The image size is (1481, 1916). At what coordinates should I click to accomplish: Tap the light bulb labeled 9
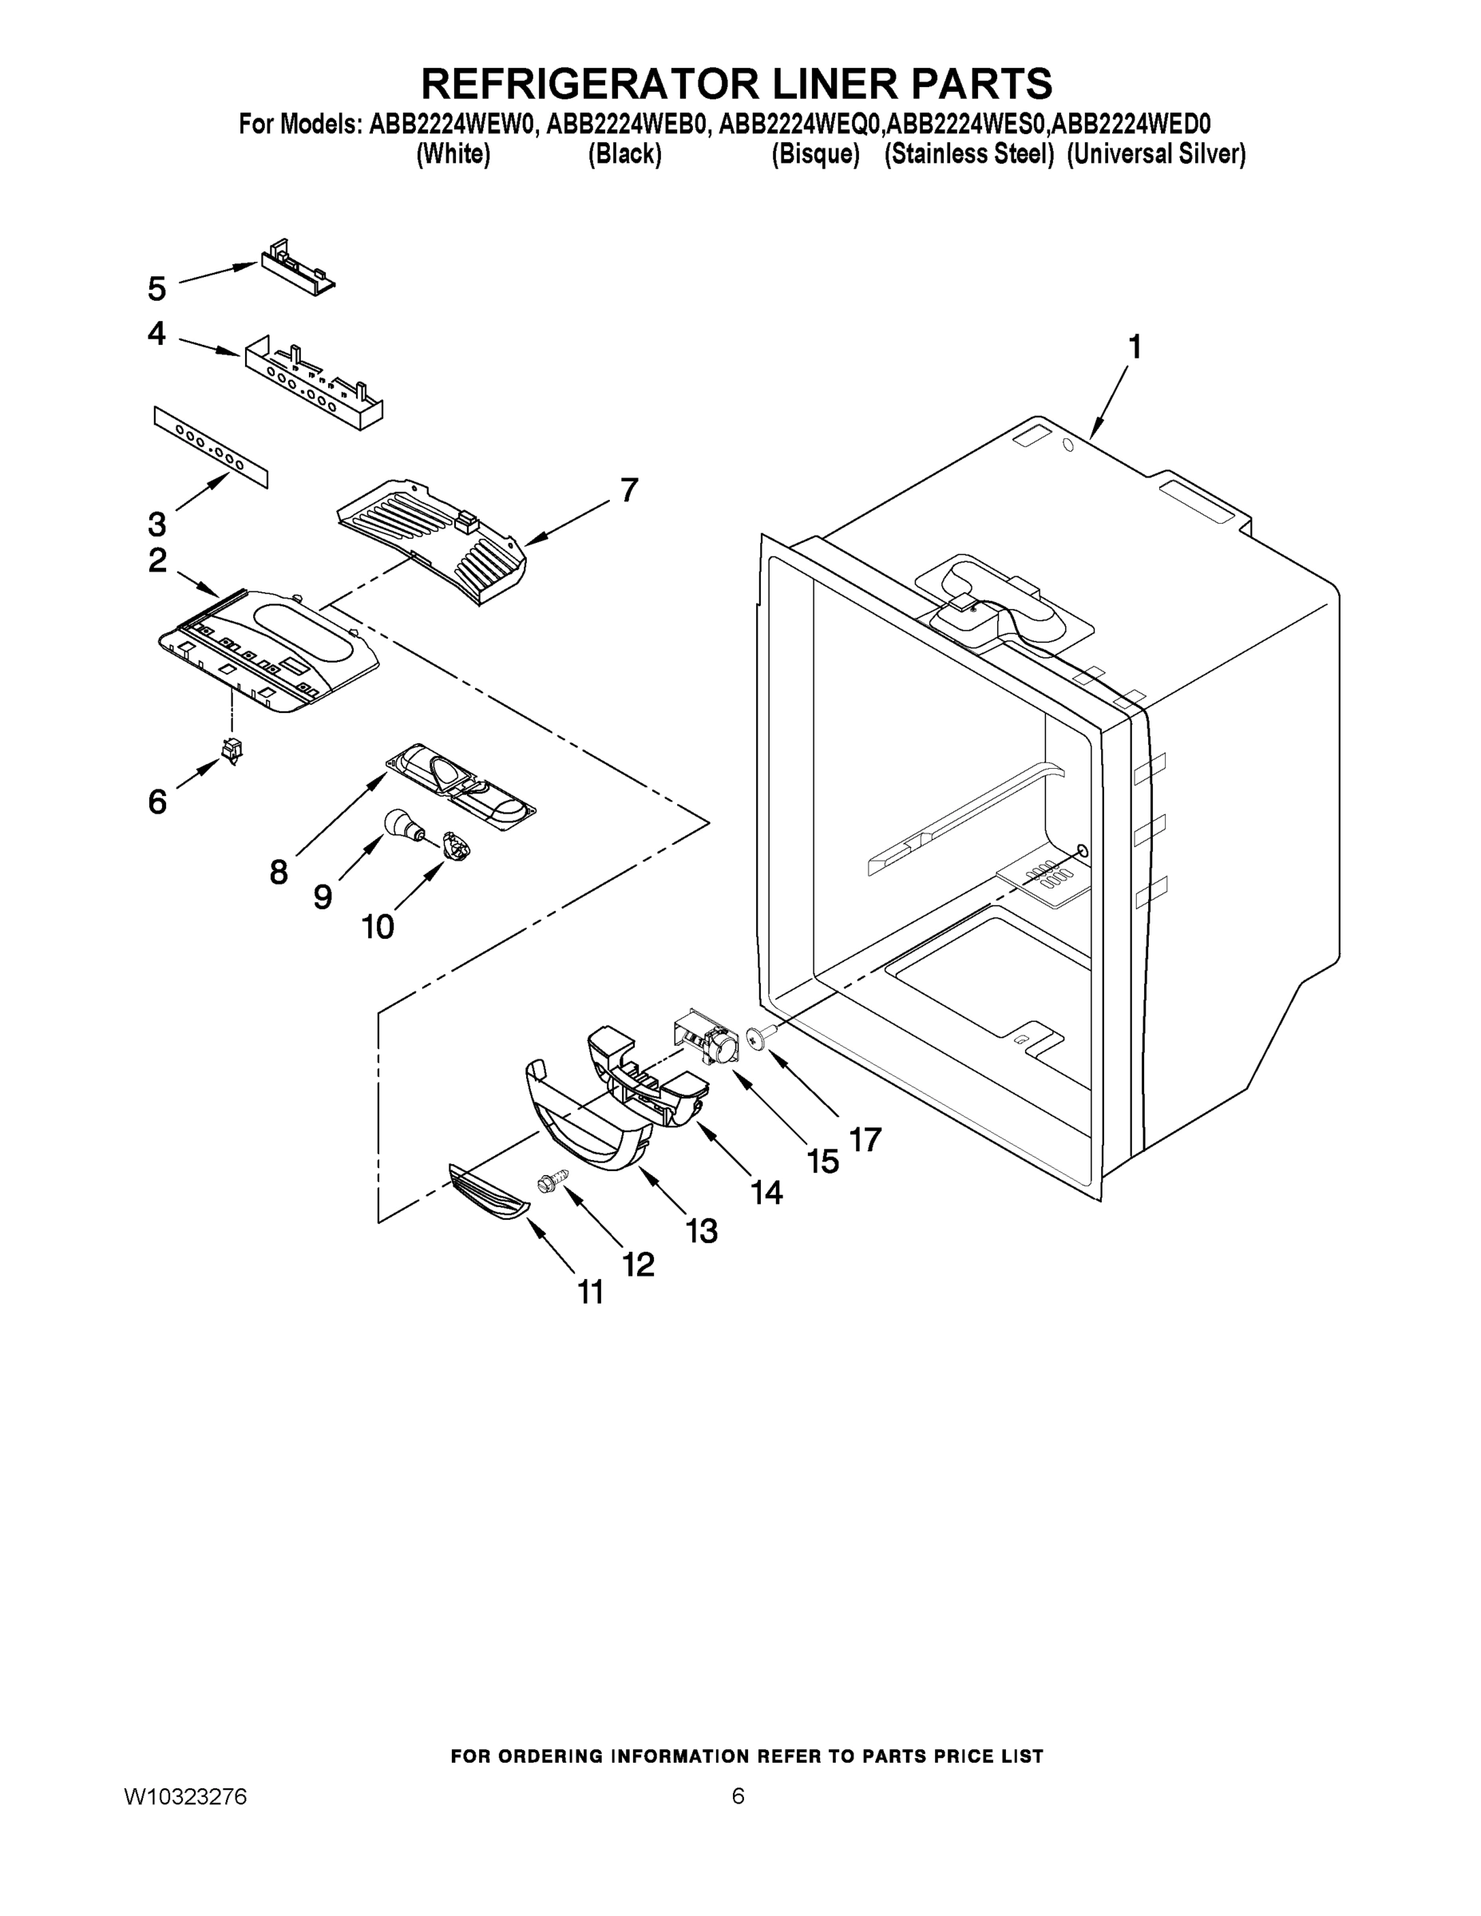402,825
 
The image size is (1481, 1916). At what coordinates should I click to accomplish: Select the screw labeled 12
548,1186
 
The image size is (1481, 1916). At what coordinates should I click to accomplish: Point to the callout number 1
1135,347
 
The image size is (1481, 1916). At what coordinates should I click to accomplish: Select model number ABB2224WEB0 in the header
627,125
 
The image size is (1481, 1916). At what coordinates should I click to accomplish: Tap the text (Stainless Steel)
968,154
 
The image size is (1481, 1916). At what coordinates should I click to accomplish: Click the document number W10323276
185,1797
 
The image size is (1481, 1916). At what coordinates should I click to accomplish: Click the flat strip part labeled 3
211,447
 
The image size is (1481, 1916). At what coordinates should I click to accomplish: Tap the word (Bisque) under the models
815,154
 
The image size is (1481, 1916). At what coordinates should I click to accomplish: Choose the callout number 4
156,334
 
